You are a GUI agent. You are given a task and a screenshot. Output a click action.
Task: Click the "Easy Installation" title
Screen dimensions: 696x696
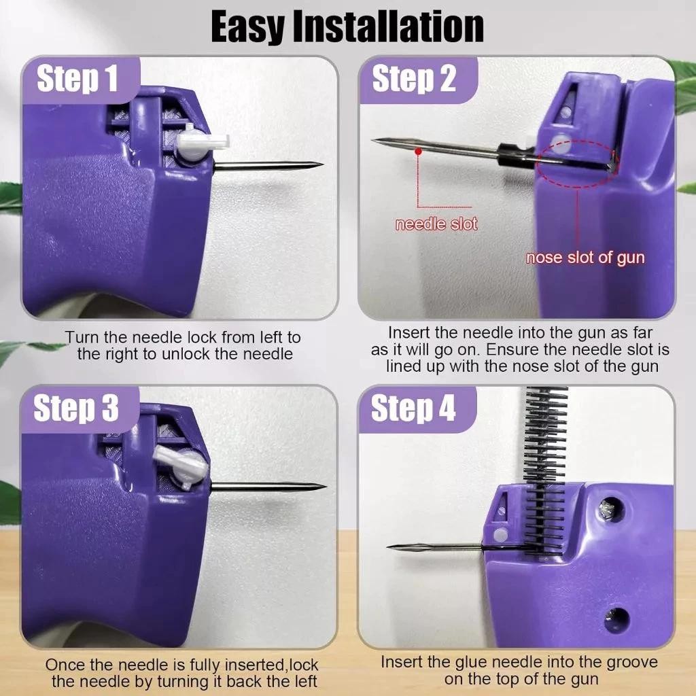coord(347,27)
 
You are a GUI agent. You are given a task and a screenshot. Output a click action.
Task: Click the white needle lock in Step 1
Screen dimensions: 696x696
coord(201,143)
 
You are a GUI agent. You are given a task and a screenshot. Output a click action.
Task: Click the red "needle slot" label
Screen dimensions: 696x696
coord(436,224)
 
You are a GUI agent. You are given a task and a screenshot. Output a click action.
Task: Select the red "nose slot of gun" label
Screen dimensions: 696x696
coord(585,258)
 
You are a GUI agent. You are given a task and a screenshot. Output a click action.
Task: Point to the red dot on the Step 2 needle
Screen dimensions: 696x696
coord(418,152)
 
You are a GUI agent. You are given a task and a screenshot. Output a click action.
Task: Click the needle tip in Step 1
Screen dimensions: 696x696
coord(322,164)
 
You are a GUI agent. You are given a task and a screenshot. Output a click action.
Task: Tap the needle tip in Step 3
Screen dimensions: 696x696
coord(326,487)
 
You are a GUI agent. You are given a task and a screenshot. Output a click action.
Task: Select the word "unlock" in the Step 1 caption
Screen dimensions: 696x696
coord(187,353)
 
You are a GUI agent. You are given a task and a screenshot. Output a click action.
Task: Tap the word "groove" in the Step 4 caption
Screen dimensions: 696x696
coord(632,662)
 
